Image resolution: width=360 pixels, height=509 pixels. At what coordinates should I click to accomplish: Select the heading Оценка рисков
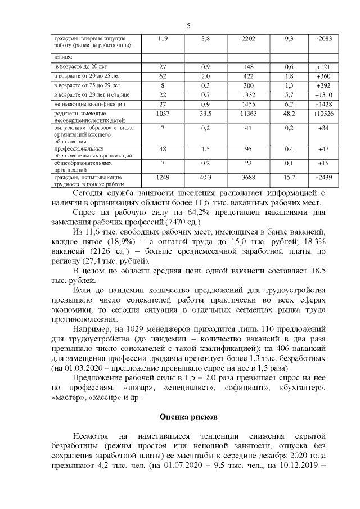188,417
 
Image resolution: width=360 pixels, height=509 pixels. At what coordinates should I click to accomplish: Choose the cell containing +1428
323,104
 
